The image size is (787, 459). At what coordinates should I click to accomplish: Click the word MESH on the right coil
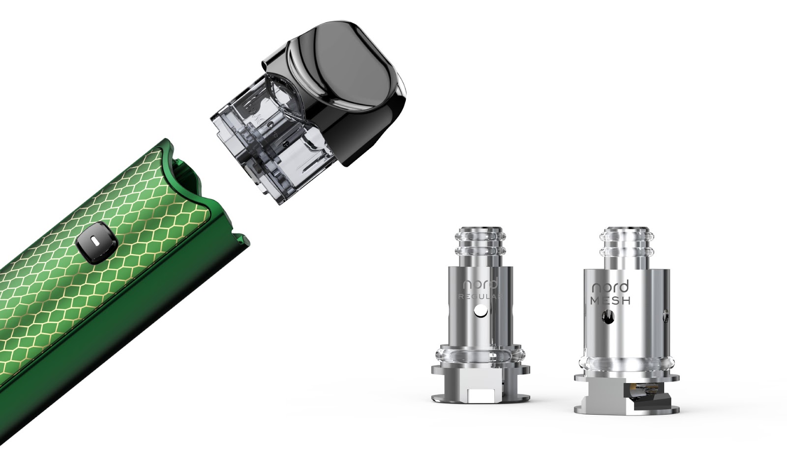click(x=610, y=300)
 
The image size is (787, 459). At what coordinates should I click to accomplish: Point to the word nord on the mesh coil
click(x=610, y=287)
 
